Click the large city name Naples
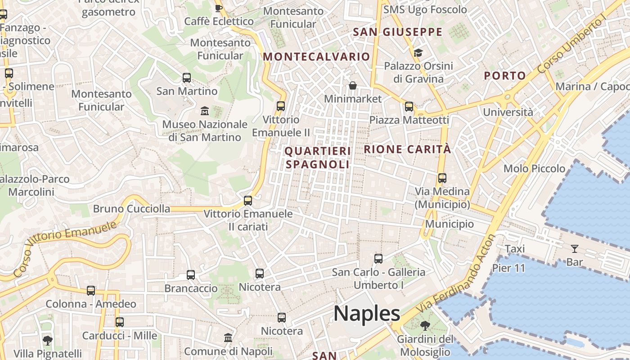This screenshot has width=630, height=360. coord(367,314)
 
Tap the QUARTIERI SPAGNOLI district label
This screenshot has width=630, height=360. coord(318,157)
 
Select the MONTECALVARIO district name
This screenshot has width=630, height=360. coord(316,57)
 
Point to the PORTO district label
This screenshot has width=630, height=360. coord(505,76)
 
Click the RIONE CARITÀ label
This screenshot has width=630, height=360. coord(407,149)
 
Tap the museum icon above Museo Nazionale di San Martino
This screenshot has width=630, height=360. coord(205,111)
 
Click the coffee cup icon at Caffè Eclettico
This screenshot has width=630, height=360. coord(219,8)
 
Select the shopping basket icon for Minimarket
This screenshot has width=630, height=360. coord(353,85)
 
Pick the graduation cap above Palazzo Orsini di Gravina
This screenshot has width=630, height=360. coord(418,53)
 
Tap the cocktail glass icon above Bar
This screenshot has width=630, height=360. coord(575,248)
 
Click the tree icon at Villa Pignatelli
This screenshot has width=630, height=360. coord(47,340)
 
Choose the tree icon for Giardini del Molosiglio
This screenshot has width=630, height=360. coord(424,325)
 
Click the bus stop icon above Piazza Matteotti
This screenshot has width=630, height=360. coord(409,107)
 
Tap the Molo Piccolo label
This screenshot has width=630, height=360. coord(534,169)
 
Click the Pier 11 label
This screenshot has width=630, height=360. coord(508,268)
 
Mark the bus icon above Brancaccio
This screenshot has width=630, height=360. coord(191,275)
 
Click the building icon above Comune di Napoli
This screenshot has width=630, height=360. coord(228,337)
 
